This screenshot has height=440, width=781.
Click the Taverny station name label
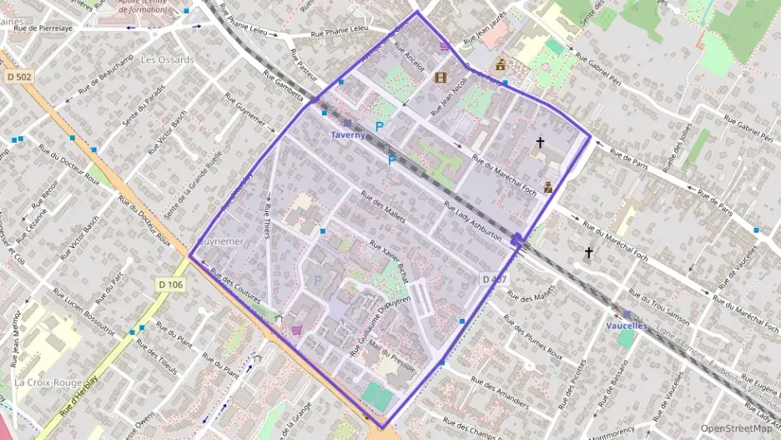[348, 134]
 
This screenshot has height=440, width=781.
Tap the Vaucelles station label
[627, 326]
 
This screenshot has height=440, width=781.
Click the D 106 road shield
[169, 285]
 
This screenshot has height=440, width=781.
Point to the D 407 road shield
[494, 279]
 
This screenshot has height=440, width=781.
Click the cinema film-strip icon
[441, 78]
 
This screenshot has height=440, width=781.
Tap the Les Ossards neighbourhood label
[167, 60]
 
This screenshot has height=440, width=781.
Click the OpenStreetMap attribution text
[736, 428]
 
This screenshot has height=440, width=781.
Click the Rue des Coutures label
[237, 286]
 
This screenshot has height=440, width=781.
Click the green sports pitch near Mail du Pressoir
[378, 396]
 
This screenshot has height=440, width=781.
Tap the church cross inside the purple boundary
[540, 144]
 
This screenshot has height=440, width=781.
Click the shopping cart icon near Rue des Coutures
[296, 330]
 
